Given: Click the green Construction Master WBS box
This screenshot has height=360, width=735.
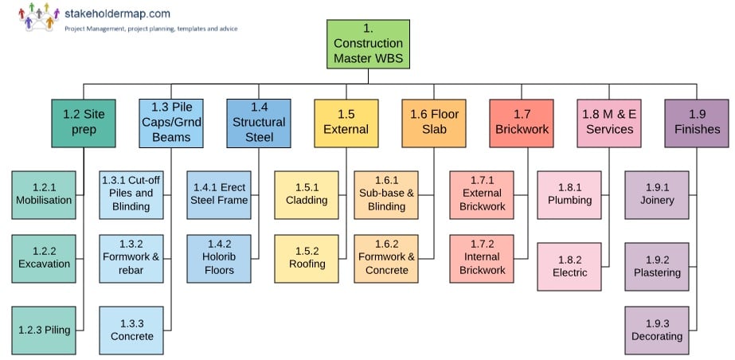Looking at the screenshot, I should point(368,44).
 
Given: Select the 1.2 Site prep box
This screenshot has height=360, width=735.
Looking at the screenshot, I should point(84,122).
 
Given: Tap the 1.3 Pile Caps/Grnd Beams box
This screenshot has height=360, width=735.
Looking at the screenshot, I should point(171,122).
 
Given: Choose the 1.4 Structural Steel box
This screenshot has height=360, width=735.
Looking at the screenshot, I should point(259,122).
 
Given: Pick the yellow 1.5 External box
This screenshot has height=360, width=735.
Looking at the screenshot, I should point(346,123).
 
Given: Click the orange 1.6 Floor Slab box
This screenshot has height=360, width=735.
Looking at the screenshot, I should point(434,122).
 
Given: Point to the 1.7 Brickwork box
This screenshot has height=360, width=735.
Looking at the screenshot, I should point(522,122).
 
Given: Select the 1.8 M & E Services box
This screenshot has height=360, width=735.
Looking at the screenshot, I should point(609,122).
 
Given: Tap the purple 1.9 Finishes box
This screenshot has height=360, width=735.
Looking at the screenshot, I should point(697,122).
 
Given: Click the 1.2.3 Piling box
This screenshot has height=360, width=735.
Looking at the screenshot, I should point(44,330).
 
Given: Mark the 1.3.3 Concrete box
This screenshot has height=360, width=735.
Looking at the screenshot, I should point(131,330).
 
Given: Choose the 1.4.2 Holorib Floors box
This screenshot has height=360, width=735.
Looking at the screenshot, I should point(219,258).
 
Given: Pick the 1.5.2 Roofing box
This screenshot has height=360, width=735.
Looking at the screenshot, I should point(307,258).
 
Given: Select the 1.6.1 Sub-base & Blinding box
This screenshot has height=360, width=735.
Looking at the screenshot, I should point(386,193).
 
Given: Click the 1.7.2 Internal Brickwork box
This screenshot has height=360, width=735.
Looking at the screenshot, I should point(482,258).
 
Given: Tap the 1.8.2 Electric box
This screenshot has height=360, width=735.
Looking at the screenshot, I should point(569,266).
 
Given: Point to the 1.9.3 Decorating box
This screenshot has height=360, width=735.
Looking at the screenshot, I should point(657,330).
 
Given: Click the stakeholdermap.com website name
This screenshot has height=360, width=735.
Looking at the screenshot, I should point(118,14).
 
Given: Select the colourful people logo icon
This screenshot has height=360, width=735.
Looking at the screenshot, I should point(37,18).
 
